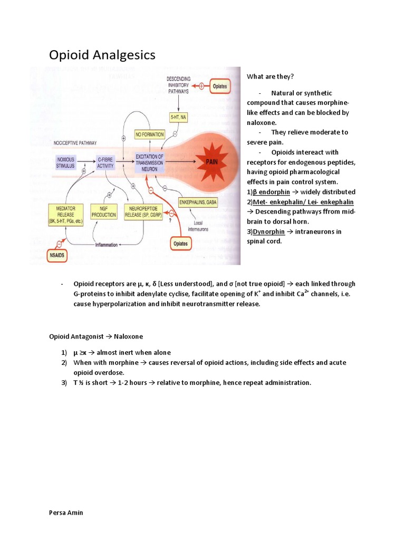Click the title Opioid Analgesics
pyautogui.click(x=102, y=55)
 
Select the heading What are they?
pyautogui.click(x=270, y=77)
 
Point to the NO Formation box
pyautogui.click(x=150, y=134)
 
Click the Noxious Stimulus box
pyautogui.click(x=67, y=161)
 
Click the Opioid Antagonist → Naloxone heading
pyautogui.click(x=96, y=336)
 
